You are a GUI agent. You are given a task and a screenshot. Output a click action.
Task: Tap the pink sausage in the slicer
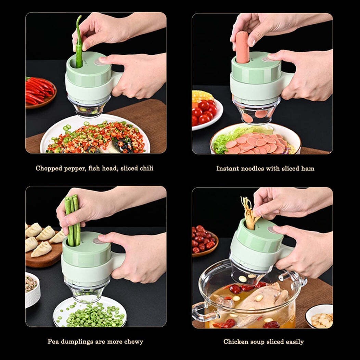tap(242, 48)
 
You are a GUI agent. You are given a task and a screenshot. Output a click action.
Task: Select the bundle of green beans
tap(73, 219)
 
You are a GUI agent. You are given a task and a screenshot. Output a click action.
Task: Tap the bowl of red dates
tap(204, 241)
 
